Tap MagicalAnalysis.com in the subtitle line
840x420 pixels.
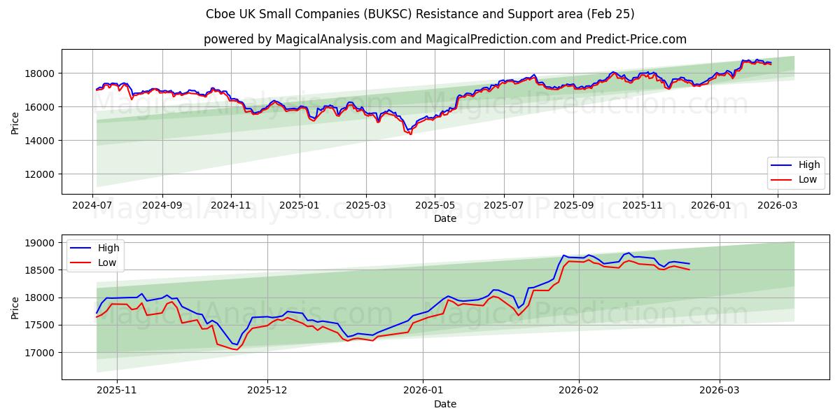330,39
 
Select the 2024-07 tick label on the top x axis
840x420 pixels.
93,206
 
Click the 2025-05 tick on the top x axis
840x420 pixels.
435,206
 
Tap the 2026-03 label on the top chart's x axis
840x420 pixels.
778,206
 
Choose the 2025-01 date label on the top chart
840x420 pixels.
299,206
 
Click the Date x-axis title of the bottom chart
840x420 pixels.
445,404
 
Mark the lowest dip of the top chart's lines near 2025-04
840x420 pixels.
409,133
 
